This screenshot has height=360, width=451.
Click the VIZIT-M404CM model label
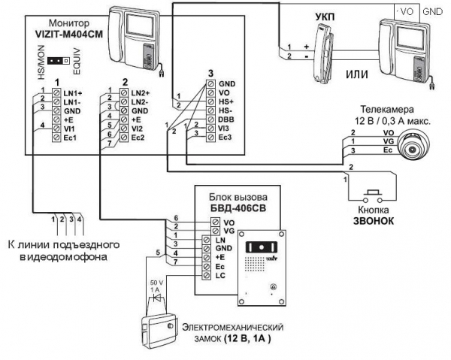(x=68, y=34)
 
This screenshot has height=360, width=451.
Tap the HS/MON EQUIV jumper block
(x=59, y=61)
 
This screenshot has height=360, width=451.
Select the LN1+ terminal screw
(x=56, y=93)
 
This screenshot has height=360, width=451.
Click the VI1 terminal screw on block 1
(x=56, y=129)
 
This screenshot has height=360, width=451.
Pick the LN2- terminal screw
(x=124, y=101)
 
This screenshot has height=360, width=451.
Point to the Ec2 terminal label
(x=138, y=138)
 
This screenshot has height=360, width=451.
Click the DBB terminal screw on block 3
(x=210, y=119)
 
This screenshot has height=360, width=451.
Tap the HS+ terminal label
(x=226, y=101)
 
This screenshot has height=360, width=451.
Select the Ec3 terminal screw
(x=210, y=137)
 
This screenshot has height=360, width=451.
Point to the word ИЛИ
(x=356, y=74)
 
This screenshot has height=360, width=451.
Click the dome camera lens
(x=413, y=150)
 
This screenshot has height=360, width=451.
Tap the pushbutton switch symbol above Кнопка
(x=373, y=196)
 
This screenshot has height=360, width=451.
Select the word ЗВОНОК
(x=374, y=220)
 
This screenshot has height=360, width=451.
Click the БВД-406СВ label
(x=238, y=207)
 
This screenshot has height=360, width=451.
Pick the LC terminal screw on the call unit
(x=206, y=275)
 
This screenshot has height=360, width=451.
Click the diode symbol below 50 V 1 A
(x=157, y=298)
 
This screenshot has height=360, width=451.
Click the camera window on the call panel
(x=261, y=247)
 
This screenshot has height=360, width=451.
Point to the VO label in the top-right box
(x=407, y=11)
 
